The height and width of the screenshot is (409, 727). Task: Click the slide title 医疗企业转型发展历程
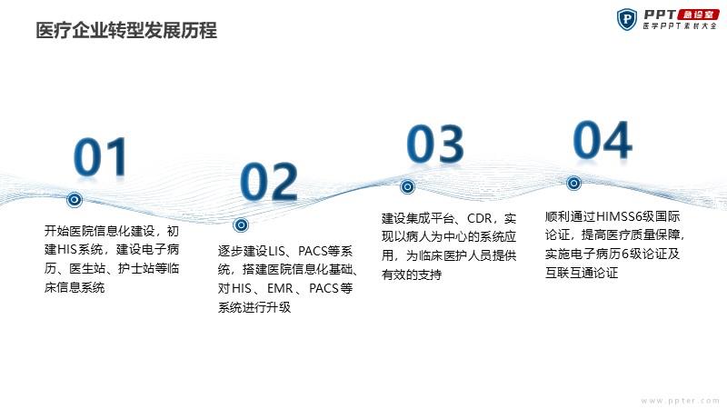pos(126,31)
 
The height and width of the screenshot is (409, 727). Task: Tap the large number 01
pos(101,156)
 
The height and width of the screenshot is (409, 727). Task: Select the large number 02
pos(269,182)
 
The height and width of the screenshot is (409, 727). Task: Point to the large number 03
pos(435,144)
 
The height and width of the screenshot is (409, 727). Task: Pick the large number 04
pos(603,140)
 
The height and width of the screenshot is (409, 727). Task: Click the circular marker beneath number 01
pos(75,199)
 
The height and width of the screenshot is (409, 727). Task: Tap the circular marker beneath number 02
pos(241,225)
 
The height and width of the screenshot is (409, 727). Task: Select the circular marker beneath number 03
pos(407,187)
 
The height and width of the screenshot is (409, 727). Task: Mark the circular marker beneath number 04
pos(573,184)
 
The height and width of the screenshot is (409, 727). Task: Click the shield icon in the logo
pos(627,19)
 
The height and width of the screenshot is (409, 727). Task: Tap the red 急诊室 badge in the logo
pos(698,15)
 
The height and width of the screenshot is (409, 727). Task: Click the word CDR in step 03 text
pos(479,218)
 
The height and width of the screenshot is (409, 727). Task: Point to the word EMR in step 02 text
pos(280,288)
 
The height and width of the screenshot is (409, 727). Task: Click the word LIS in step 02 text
pos(277,252)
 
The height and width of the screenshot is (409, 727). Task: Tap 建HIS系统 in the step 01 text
pos(74,249)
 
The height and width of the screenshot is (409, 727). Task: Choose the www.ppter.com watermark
pos(680,401)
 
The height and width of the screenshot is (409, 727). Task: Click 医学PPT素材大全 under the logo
pos(680,26)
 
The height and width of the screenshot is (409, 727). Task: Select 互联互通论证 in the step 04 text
pos(582,273)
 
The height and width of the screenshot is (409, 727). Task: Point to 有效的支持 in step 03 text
pos(412,274)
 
